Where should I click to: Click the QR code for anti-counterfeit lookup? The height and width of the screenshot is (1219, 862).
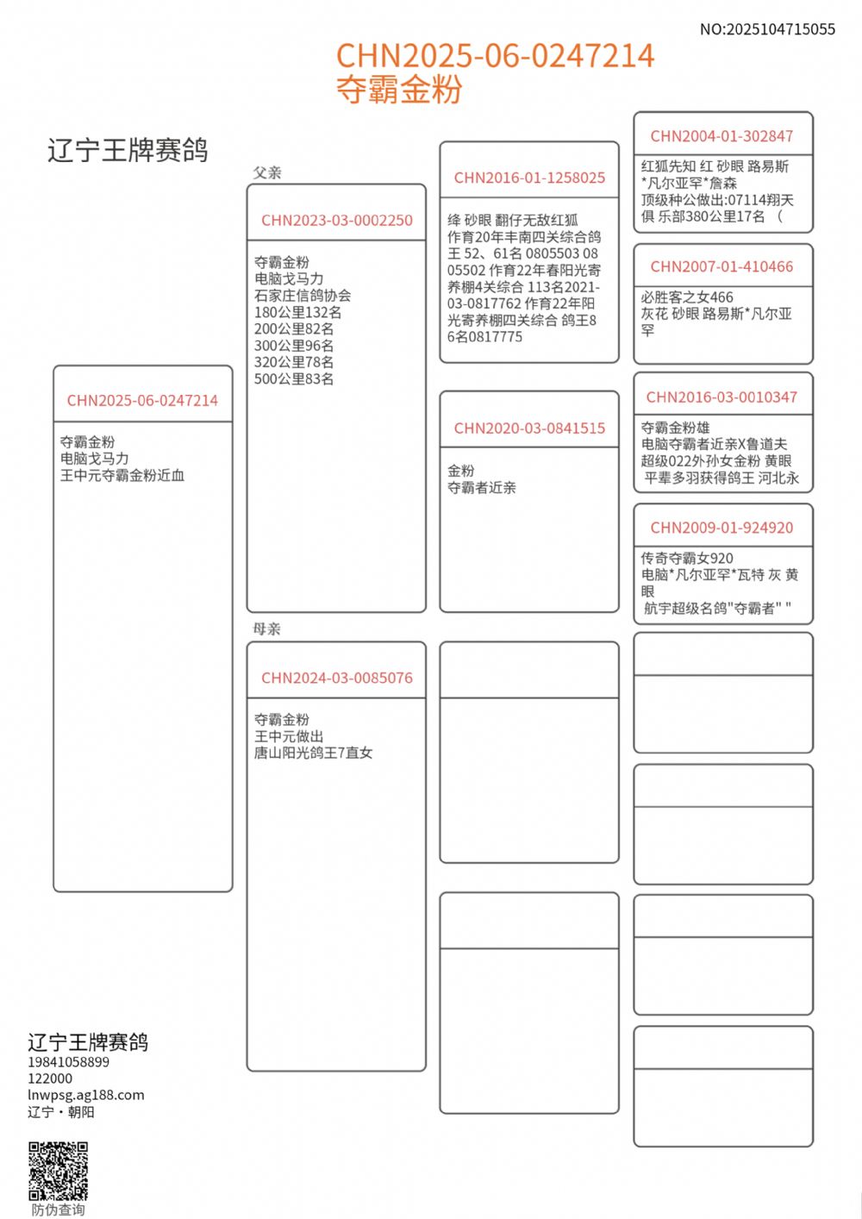(x=59, y=1171)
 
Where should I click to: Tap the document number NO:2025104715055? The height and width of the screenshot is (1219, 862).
(x=767, y=29)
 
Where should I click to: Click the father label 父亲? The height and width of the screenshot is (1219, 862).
(x=267, y=172)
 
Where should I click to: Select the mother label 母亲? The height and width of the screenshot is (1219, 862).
(x=267, y=629)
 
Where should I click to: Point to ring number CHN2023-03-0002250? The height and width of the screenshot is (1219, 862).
(x=337, y=221)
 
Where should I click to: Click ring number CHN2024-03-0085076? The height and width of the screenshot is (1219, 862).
(x=337, y=678)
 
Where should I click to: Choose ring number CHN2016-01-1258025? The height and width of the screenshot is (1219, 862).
(x=529, y=178)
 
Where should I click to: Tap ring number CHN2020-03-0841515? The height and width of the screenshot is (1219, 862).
(x=529, y=428)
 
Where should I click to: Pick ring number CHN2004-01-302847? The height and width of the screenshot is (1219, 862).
(x=721, y=136)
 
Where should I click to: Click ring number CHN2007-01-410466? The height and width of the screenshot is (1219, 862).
(x=721, y=267)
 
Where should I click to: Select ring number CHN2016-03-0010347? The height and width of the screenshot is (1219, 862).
(x=721, y=397)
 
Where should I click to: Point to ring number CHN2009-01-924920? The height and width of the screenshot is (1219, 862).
(x=721, y=528)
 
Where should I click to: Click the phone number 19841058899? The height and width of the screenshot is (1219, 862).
(x=69, y=1062)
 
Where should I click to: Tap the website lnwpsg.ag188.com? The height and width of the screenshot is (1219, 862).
(x=86, y=1095)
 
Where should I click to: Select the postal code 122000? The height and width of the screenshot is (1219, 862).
(x=50, y=1078)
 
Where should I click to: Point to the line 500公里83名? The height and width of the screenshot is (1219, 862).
(x=294, y=378)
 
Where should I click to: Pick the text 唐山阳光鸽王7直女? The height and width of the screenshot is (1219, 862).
(x=313, y=753)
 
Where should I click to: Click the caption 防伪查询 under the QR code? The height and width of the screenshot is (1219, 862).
(x=59, y=1210)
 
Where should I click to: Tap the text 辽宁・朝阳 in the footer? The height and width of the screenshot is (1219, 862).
(x=61, y=1112)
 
